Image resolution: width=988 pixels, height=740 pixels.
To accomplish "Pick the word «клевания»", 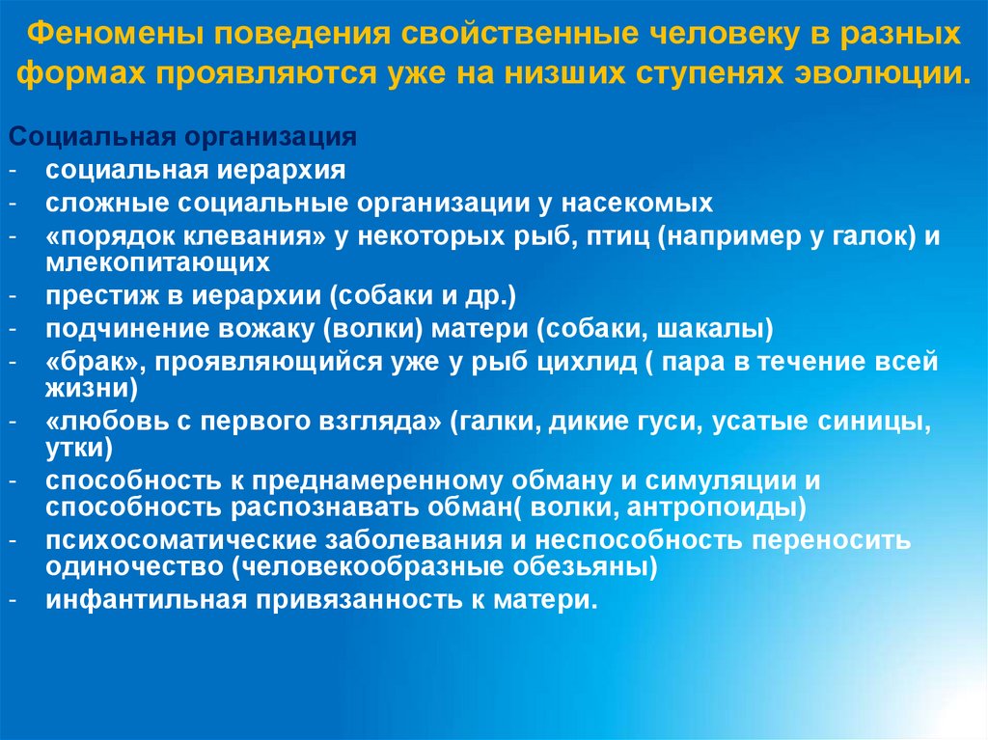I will coord(254,236).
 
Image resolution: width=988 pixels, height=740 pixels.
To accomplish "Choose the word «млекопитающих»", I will coord(156,260).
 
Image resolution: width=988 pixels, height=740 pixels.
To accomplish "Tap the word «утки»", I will coord(79,447).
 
